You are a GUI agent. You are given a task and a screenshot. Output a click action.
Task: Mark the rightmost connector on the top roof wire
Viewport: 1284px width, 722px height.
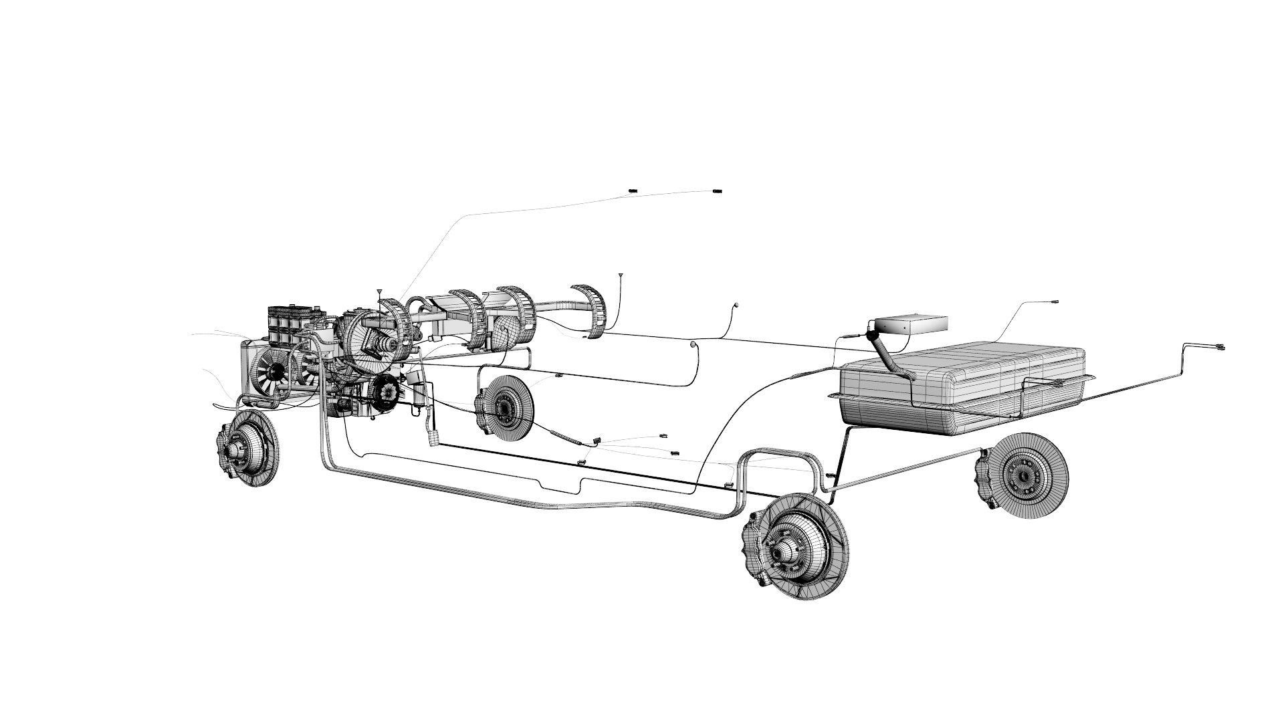coord(718,192)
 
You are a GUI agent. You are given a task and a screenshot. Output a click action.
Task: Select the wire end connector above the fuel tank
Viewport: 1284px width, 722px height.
coord(1055,302)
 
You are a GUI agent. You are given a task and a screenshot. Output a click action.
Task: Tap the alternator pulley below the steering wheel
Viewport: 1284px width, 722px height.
coord(385,391)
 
